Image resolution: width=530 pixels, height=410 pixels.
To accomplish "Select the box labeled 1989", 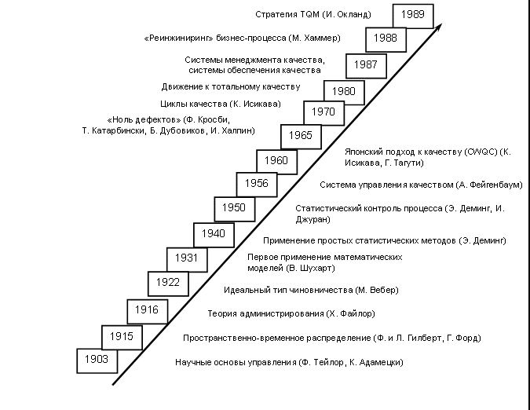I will [409, 14].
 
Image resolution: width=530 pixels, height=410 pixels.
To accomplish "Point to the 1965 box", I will [300, 135].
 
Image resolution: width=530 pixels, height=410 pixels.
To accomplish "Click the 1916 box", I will [146, 309].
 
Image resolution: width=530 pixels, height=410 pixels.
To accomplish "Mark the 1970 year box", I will [322, 112].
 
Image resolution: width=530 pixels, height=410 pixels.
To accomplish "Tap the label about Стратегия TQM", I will [313, 14].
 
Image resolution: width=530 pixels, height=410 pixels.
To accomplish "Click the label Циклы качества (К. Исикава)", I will [220, 104].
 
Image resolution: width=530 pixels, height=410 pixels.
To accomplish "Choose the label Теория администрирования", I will [291, 313].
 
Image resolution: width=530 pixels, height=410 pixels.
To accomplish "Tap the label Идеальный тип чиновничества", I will [313, 290].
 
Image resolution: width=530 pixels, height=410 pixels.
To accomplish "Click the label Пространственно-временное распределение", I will [331, 338].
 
